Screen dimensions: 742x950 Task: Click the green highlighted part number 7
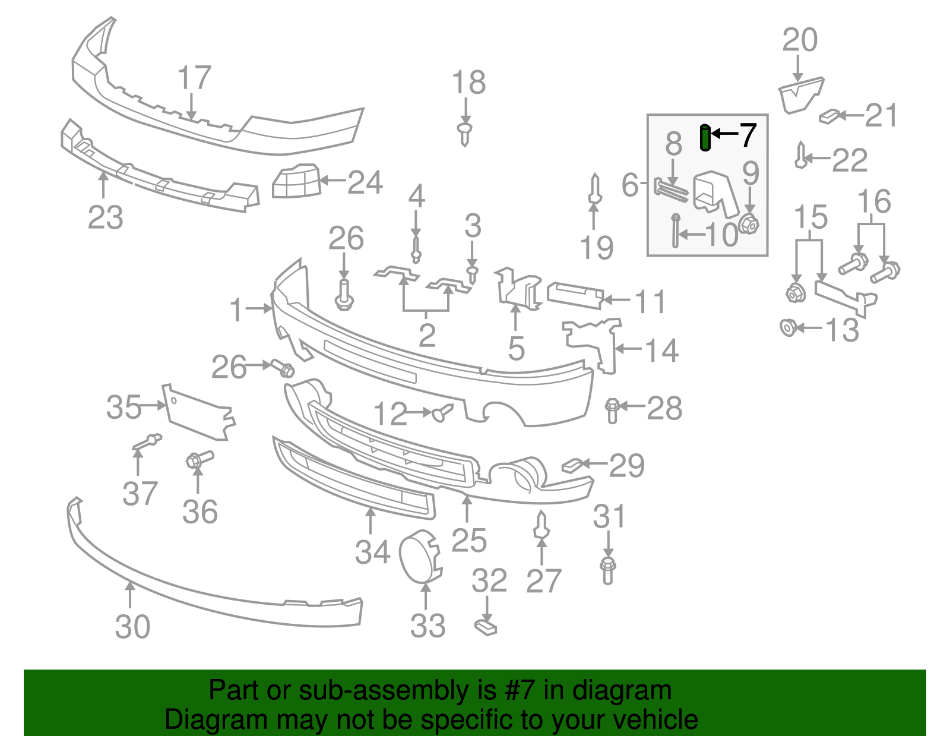pos(705,138)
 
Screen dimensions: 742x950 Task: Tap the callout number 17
pos(194,78)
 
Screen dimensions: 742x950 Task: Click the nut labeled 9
pos(749,224)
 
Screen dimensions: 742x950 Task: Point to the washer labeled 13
pos(788,327)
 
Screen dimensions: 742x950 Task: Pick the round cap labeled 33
pos(420,554)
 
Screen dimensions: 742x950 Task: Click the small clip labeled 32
pos(486,626)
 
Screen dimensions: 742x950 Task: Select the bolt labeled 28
pos(613,411)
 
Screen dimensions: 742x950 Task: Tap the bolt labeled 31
pos(607,570)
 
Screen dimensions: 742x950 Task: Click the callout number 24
pos(365,182)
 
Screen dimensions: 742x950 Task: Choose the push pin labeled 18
pos(465,134)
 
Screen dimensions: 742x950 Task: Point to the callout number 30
pos(132,627)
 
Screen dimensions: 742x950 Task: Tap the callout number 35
pos(123,408)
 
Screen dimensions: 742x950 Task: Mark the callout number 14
pos(662,351)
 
